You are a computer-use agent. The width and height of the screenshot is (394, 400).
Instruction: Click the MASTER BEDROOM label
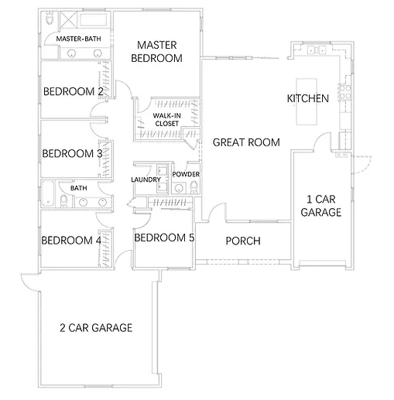click(156, 52)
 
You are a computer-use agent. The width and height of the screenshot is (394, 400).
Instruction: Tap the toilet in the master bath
click(50, 18)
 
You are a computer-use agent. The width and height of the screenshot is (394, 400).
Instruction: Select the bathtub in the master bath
click(93, 19)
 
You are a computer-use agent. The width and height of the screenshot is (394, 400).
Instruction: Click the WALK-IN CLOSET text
click(167, 119)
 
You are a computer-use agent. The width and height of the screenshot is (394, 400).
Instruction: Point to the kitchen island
click(307, 101)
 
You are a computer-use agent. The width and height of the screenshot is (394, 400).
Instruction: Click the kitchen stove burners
click(345, 92)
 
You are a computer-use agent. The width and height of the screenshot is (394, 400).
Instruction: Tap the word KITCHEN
click(308, 98)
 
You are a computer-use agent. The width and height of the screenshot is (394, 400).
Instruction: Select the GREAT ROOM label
click(246, 142)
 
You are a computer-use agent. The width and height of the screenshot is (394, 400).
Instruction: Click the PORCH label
click(243, 241)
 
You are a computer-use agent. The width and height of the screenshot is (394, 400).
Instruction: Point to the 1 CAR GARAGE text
click(321, 206)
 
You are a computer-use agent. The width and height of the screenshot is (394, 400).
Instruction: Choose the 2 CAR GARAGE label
click(96, 327)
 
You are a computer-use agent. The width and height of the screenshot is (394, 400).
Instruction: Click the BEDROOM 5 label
click(164, 238)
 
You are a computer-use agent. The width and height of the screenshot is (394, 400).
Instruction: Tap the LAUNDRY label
click(146, 179)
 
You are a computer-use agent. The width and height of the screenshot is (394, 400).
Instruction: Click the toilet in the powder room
click(194, 186)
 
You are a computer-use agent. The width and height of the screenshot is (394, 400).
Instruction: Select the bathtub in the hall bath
click(48, 193)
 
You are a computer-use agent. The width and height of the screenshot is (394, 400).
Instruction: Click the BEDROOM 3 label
click(73, 153)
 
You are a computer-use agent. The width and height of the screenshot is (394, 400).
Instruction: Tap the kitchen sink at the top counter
click(317, 50)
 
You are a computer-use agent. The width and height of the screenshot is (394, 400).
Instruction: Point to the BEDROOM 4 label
click(71, 241)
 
